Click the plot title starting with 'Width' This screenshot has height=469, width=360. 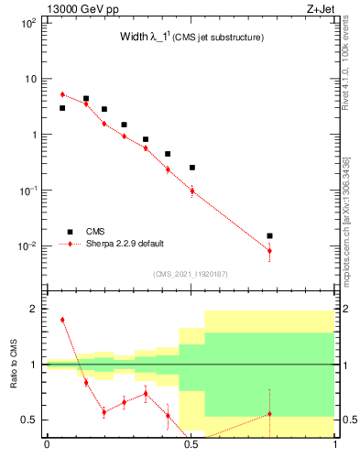pyautogui.click(x=191, y=38)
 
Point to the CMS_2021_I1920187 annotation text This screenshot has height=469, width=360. pyautogui.click(x=191, y=274)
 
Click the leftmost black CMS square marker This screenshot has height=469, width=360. pyautogui.click(x=62, y=108)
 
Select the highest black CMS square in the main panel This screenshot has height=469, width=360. pyautogui.click(x=86, y=98)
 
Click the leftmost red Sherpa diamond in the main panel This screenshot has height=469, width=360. pyautogui.click(x=62, y=94)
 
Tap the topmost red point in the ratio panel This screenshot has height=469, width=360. pyautogui.click(x=62, y=320)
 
